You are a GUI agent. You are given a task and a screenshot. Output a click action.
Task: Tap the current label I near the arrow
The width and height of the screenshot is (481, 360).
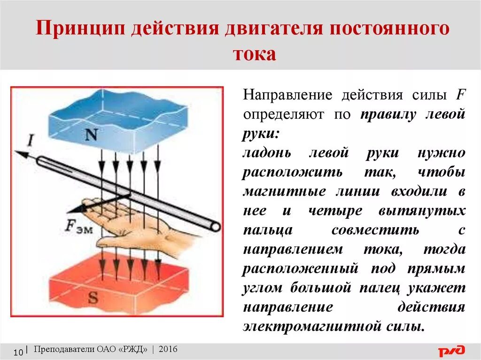(31, 140)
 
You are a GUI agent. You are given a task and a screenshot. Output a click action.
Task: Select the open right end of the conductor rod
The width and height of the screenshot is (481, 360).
(216, 226)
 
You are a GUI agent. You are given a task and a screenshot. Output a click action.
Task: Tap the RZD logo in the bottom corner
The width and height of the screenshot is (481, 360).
(451, 351)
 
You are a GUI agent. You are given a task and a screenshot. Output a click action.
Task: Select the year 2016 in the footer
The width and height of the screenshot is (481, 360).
(168, 349)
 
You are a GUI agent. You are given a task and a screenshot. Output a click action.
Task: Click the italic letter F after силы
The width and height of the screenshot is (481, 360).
(460, 95)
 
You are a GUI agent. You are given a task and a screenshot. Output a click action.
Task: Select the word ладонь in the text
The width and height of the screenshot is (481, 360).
(267, 153)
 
